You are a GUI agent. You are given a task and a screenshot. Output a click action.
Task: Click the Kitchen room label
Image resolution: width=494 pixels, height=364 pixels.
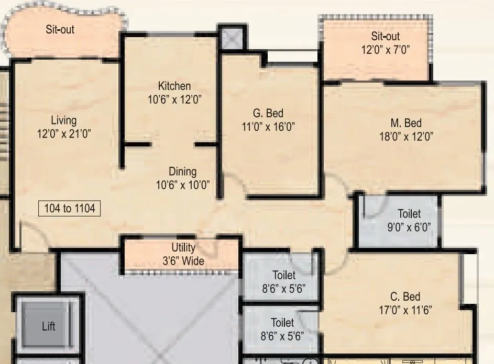(x=174, y=86)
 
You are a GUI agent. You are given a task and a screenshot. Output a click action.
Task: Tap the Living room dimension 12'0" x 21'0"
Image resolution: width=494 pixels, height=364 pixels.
(x=64, y=134)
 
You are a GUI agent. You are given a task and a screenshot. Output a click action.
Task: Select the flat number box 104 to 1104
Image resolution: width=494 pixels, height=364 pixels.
(x=69, y=208)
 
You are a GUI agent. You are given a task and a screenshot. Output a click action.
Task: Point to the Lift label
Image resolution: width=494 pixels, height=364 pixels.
(x=49, y=326)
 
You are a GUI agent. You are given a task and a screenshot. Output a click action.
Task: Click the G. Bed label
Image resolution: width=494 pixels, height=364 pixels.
(x=268, y=113)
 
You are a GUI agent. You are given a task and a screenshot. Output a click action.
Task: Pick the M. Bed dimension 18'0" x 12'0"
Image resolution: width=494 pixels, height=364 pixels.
(x=407, y=136)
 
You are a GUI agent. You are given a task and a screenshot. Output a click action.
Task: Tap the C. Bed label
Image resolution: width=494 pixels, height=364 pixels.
(x=405, y=297)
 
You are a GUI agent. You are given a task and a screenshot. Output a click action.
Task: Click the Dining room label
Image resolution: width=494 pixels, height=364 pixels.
(x=183, y=172)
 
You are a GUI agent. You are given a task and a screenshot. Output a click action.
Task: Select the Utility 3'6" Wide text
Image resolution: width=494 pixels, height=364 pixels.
(x=183, y=254)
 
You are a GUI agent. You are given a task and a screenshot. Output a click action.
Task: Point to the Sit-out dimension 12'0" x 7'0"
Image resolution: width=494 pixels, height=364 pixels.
(x=386, y=50)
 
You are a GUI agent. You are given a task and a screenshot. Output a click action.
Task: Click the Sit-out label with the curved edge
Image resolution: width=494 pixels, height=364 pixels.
(x=60, y=29)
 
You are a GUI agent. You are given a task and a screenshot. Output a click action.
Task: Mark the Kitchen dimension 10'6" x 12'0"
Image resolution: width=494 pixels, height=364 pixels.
(x=174, y=99)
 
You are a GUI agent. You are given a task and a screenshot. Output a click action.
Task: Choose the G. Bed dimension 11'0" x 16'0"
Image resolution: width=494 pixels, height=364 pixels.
(x=268, y=127)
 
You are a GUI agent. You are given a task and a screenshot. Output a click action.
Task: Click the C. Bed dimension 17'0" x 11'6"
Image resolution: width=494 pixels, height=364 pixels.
(x=405, y=310)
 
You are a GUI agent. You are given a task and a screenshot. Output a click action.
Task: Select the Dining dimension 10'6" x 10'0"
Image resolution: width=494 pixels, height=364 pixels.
(x=183, y=185)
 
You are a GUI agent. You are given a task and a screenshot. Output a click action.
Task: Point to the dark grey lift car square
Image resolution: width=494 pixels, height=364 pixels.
(x=45, y=324)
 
